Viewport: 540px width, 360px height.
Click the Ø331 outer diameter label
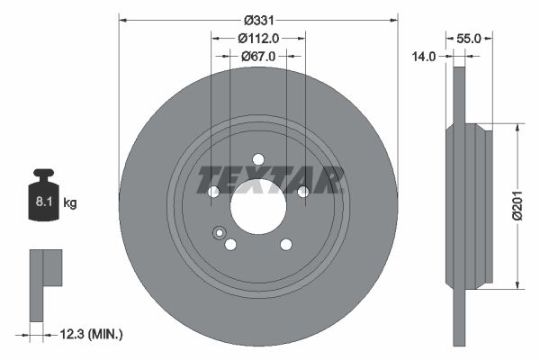tap(258, 20)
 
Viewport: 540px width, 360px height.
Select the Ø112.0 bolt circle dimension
tap(258, 38)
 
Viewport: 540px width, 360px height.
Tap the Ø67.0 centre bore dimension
tap(258, 56)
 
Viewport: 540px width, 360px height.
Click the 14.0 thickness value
tap(424, 56)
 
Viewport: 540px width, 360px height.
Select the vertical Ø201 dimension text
tap(517, 206)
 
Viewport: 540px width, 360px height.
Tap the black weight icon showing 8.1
tap(43, 195)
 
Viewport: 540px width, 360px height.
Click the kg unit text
tap(70, 203)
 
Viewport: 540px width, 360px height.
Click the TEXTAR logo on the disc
tap(270, 179)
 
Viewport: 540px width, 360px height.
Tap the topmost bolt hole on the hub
tap(258, 159)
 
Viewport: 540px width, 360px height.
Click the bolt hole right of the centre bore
tap(302, 191)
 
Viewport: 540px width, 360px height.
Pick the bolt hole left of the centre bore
tap(214, 191)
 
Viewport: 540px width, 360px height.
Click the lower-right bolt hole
tap(286, 244)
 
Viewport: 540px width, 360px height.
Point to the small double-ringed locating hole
tap(218, 234)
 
